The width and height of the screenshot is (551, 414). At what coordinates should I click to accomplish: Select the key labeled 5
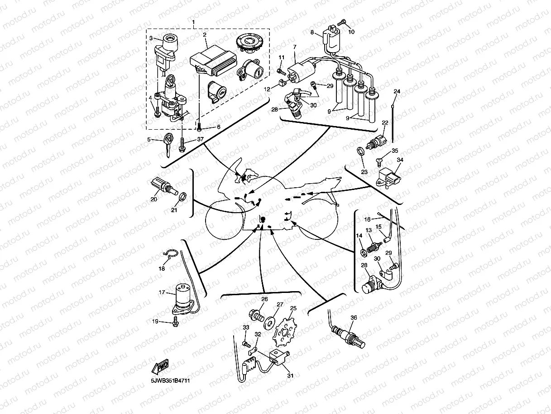168,145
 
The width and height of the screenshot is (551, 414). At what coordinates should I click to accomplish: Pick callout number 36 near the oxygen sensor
354,318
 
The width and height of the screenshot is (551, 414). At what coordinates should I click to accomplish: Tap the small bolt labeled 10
342,22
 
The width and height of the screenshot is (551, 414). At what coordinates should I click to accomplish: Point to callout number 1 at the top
194,22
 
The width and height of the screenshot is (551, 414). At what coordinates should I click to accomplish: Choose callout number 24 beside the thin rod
397,92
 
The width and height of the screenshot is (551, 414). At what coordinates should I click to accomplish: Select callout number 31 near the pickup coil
290,375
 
